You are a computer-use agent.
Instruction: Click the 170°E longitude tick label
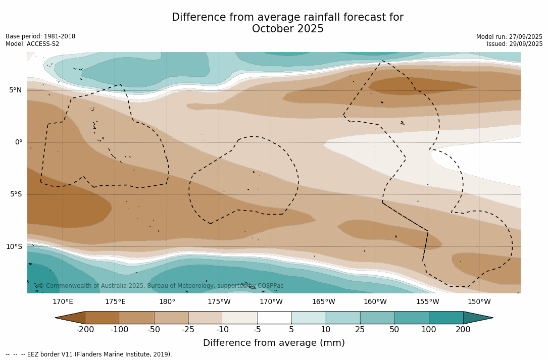(x=63, y=302)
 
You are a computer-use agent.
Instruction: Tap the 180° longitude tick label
(x=167, y=302)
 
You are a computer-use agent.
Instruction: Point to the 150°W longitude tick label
(x=479, y=302)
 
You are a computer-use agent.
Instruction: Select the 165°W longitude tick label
(x=323, y=302)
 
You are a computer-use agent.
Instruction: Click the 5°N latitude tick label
(x=15, y=90)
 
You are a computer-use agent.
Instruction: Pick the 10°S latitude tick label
(x=14, y=247)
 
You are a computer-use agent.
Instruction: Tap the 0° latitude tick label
(x=18, y=142)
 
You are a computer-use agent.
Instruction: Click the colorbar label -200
(x=85, y=330)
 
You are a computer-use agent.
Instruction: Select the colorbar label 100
(x=429, y=330)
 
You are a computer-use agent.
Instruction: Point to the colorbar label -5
(x=257, y=330)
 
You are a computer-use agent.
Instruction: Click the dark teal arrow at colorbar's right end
(x=477, y=318)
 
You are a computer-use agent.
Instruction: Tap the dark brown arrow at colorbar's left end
(x=71, y=318)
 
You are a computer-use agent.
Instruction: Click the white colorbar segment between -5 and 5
(x=274, y=318)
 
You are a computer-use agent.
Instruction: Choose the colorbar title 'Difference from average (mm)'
(x=274, y=343)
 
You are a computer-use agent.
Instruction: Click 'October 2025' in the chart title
(x=287, y=29)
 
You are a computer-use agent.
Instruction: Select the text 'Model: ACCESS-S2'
(x=32, y=44)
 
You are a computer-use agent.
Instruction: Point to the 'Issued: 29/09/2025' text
(x=515, y=44)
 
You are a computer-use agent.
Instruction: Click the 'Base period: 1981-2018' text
(x=40, y=36)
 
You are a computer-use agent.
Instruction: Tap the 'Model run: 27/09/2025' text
(x=509, y=37)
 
